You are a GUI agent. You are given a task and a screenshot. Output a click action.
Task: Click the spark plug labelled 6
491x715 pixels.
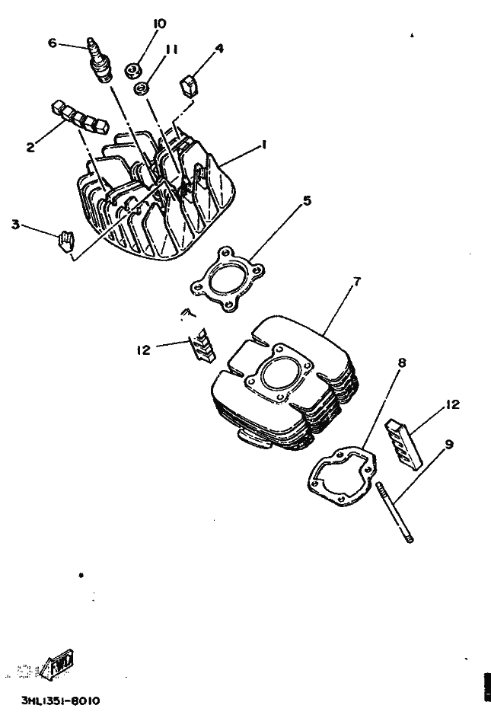99,59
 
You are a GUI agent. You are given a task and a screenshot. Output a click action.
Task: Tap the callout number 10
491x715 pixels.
159,24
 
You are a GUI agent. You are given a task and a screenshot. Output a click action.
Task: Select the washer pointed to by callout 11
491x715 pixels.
142,90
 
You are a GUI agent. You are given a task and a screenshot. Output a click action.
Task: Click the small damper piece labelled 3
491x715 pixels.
66,240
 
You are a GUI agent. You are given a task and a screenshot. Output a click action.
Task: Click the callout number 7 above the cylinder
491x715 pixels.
355,282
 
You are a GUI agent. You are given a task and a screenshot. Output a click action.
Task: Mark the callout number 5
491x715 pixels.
307,201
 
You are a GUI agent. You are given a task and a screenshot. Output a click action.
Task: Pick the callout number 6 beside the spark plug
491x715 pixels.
53,43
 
